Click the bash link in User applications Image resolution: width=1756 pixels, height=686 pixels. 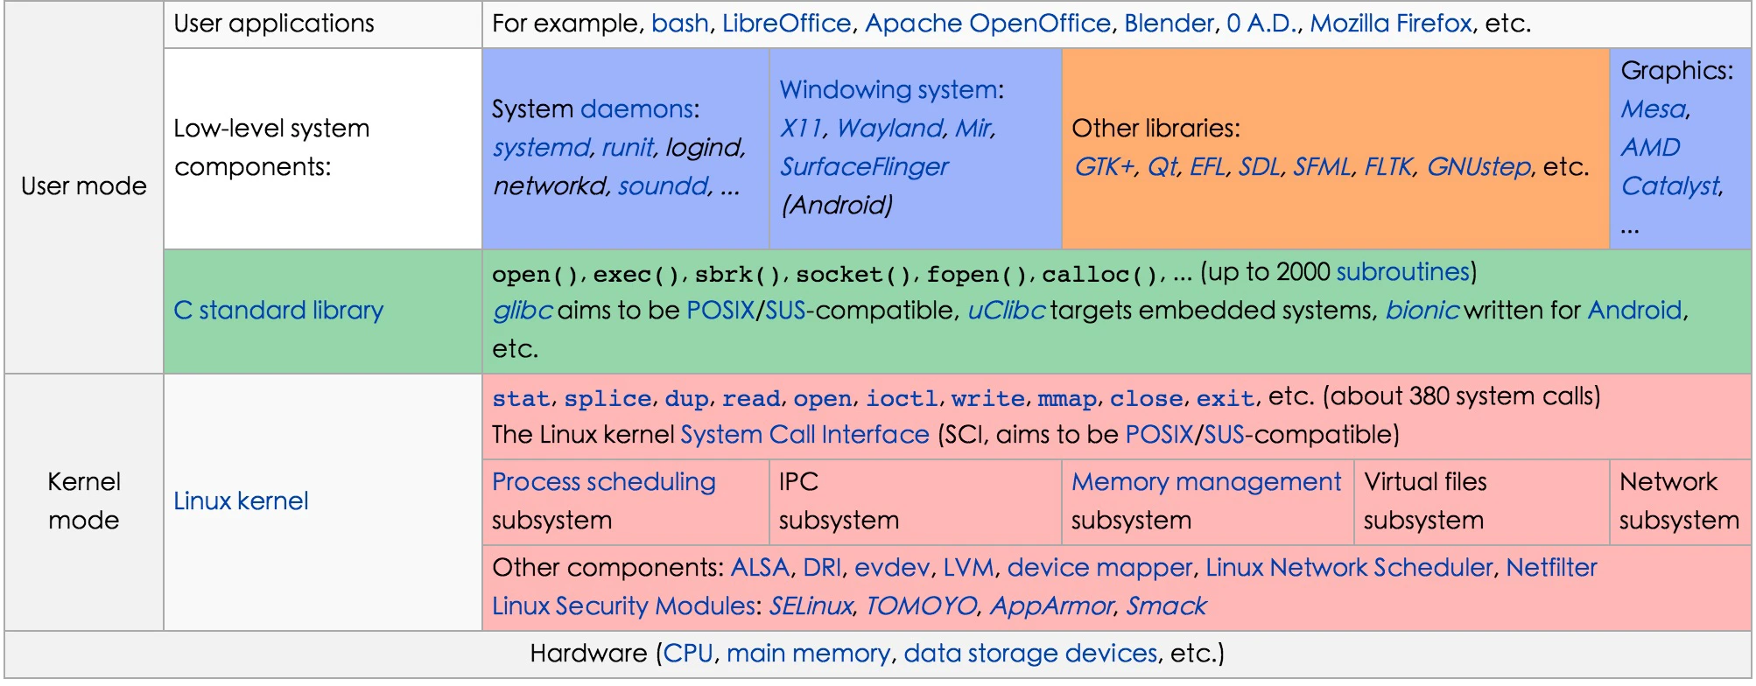tap(680, 24)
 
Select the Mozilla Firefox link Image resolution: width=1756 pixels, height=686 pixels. tap(1391, 24)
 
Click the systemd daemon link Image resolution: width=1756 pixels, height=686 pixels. tap(542, 148)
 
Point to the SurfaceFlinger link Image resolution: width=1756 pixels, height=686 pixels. tap(864, 167)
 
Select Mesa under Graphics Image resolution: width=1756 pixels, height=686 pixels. tap(1653, 109)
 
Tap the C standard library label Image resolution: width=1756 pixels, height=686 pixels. tap(278, 311)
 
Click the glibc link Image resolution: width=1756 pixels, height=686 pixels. tap(522, 311)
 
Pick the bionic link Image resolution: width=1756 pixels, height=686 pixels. tap(1422, 311)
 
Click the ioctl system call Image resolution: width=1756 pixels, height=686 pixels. tap(902, 399)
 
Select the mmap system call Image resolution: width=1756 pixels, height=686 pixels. tap(1067, 399)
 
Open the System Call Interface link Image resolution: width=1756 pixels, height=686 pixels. tap(804, 435)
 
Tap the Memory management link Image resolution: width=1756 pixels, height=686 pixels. tap(1206, 482)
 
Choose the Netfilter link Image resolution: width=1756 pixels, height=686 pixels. tap(1551, 568)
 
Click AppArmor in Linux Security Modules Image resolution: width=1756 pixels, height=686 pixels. tap(1051, 606)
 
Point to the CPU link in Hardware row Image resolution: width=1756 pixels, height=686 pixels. tap(688, 654)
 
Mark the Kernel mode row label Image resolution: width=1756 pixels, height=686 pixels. tap(84, 501)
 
